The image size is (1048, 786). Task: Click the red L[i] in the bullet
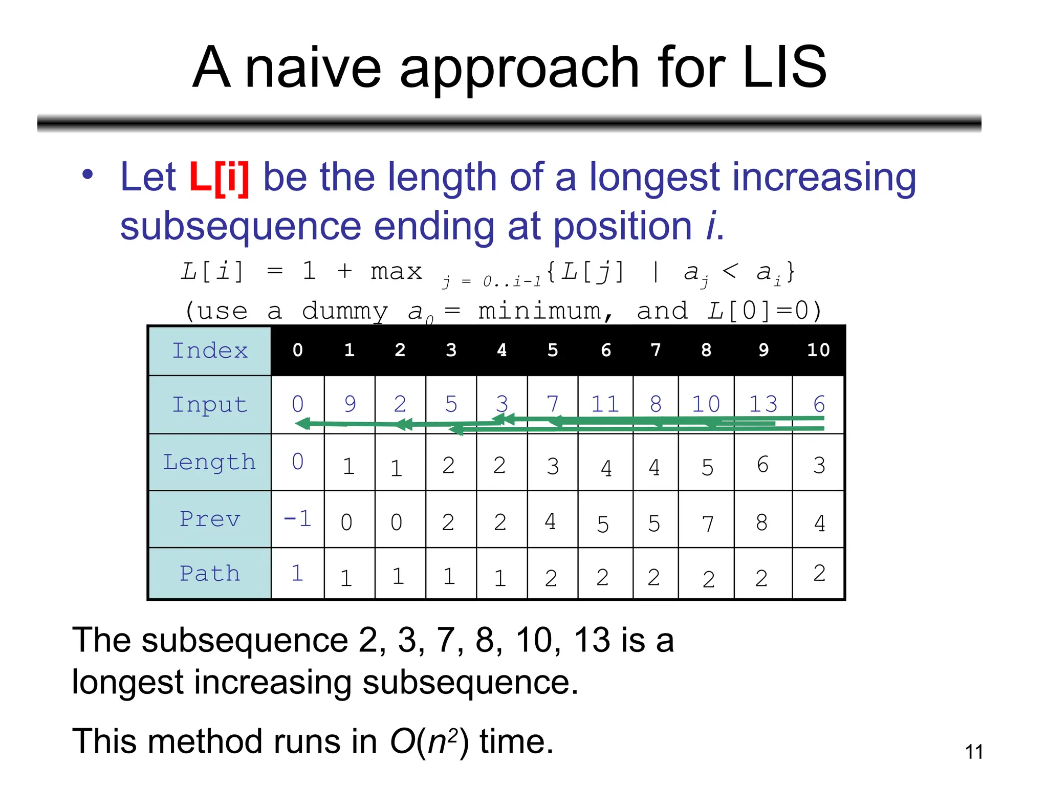pos(219,178)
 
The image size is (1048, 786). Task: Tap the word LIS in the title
pos(784,67)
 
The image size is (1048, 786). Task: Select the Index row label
pos(210,351)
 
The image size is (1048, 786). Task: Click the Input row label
pos(210,404)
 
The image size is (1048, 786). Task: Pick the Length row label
pos(210,462)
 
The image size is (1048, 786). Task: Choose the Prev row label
pos(210,519)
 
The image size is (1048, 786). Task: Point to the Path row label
pos(210,573)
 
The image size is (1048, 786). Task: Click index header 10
pos(818,350)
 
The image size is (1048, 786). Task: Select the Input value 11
pos(605,404)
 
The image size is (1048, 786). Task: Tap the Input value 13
pos(763,404)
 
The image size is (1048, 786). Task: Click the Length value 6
pos(762,465)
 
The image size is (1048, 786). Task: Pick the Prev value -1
pos(297,519)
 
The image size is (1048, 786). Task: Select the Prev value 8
pos(761,522)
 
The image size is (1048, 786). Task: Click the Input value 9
pos(350,404)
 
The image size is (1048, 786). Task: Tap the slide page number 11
pos(974,752)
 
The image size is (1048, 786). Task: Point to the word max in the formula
pos(397,271)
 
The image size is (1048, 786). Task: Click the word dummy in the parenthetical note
pos(345,311)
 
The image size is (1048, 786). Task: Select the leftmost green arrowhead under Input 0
pos(303,423)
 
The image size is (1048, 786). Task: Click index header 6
pos(606,350)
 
